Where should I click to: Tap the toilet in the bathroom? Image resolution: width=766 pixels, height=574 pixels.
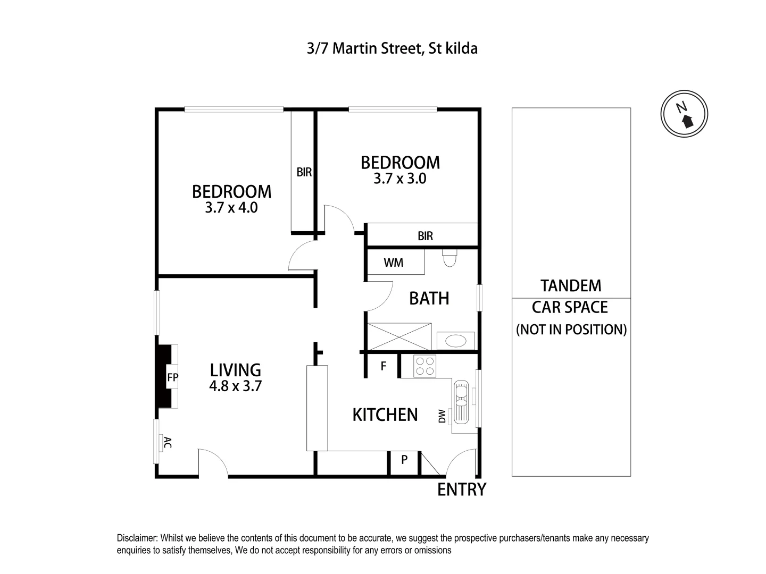pyautogui.click(x=449, y=259)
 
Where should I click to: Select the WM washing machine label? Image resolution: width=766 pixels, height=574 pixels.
pyautogui.click(x=393, y=263)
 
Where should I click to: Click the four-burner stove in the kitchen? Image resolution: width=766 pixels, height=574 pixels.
pyautogui.click(x=424, y=366)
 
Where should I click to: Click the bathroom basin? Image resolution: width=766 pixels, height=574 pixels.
pyautogui.click(x=455, y=341)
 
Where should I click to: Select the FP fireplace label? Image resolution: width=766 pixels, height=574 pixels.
pyautogui.click(x=172, y=378)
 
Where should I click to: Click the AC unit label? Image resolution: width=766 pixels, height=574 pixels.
pyautogui.click(x=167, y=442)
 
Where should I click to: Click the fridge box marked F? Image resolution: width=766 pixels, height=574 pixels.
pyautogui.click(x=383, y=366)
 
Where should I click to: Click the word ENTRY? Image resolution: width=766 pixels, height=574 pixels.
pyautogui.click(x=461, y=489)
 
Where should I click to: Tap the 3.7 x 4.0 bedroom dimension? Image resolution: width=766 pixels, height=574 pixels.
pyautogui.click(x=231, y=208)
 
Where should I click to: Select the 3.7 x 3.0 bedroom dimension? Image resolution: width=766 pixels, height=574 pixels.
pyautogui.click(x=399, y=179)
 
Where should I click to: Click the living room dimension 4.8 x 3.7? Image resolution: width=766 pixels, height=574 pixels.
pyautogui.click(x=235, y=386)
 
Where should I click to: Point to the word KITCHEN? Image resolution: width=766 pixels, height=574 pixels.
pyautogui.click(x=385, y=415)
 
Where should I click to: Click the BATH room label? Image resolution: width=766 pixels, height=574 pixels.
pyautogui.click(x=429, y=299)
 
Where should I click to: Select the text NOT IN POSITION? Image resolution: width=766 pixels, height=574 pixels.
pyautogui.click(x=571, y=330)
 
